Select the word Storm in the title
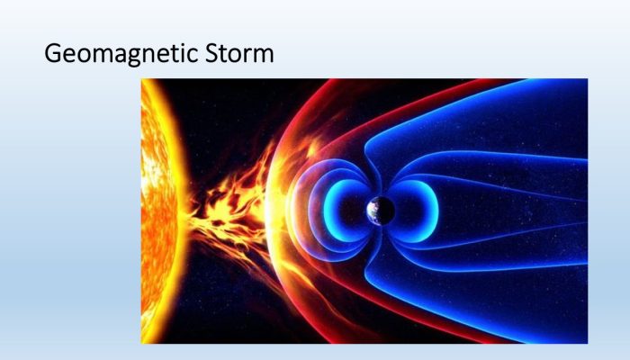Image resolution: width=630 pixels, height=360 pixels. tap(239, 53)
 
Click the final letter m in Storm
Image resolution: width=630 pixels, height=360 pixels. tap(264, 56)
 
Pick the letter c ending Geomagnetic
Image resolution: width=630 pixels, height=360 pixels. tap(193, 56)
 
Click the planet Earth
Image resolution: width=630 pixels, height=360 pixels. tap(381, 211)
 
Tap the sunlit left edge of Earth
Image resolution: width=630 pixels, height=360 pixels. tap(371, 211)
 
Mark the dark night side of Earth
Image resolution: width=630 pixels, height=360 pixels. tap(386, 211)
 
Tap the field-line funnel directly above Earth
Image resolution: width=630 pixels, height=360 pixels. tap(374, 176)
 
